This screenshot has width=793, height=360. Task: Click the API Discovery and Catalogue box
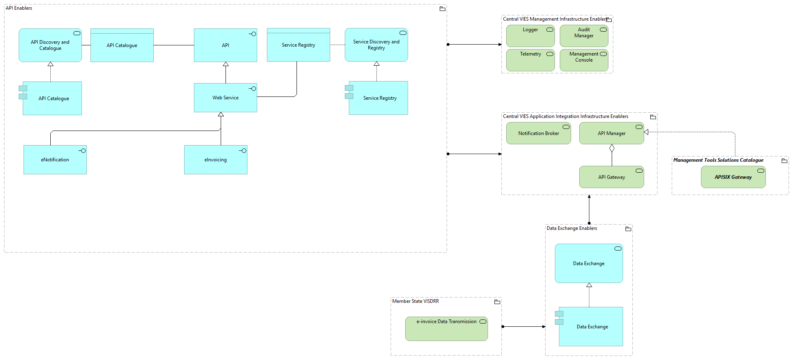(x=50, y=45)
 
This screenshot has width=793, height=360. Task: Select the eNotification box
(x=55, y=160)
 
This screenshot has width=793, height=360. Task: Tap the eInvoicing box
(x=216, y=160)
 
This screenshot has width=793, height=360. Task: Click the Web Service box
(x=226, y=98)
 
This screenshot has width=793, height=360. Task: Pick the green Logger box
(x=530, y=36)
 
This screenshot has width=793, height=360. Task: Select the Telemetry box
(x=530, y=60)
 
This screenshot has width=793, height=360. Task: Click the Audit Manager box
(x=584, y=36)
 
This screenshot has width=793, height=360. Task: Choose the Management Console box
(x=584, y=60)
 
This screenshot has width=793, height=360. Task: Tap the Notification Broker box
(x=538, y=133)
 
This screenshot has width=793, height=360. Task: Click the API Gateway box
(x=611, y=177)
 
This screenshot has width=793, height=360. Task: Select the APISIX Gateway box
(x=733, y=177)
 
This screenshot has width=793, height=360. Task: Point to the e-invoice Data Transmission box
(x=446, y=329)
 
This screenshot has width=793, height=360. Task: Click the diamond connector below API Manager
(x=612, y=148)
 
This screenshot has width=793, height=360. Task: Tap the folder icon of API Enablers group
(x=443, y=9)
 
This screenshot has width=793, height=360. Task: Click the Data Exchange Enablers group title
(x=572, y=228)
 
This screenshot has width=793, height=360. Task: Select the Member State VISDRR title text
(x=415, y=301)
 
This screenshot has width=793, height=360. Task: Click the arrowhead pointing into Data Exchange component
(x=544, y=326)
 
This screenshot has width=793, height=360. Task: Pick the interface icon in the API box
(x=253, y=34)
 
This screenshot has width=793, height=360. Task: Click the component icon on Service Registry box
(x=349, y=92)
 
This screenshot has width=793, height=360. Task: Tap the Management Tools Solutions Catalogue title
(x=718, y=160)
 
